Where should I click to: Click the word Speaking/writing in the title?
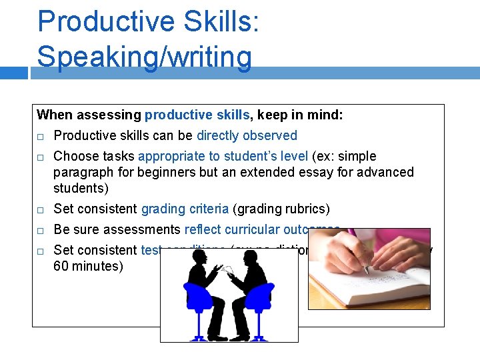tap(145, 57)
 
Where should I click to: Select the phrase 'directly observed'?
tap(247, 135)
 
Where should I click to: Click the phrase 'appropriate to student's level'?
tap(223, 156)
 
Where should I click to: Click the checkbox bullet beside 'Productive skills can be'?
tap(41, 136)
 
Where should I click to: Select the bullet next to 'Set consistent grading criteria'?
tap(41, 209)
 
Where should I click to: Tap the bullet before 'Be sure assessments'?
tap(41, 230)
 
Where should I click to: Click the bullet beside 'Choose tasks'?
tap(41, 157)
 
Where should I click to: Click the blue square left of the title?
tap(14, 73)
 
